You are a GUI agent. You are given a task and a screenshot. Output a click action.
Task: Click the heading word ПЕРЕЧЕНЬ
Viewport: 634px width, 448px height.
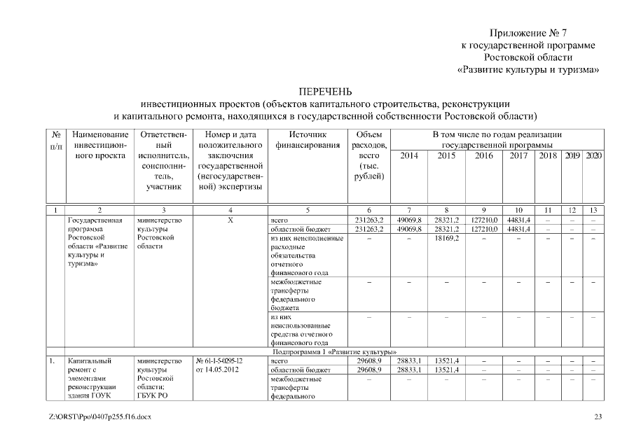(x=325, y=92)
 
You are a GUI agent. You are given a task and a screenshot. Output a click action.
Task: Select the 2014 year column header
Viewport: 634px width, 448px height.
(x=408, y=155)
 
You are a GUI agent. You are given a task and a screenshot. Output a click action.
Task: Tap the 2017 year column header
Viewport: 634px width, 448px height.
(x=519, y=155)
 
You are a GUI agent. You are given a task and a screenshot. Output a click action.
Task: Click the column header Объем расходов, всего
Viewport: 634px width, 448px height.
(x=368, y=155)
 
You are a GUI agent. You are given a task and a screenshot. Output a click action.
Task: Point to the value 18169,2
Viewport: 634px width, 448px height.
(x=446, y=239)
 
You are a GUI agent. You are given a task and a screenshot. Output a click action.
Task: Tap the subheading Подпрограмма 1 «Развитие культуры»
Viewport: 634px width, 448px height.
(x=326, y=351)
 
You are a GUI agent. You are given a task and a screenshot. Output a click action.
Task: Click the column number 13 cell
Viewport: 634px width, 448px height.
(x=593, y=210)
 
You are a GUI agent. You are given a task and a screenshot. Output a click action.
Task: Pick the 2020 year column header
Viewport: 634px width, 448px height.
(x=593, y=155)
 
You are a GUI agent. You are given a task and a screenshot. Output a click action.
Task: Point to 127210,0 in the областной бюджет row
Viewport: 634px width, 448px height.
(x=483, y=229)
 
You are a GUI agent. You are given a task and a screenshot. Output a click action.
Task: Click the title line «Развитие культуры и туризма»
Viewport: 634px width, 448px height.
(x=531, y=70)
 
